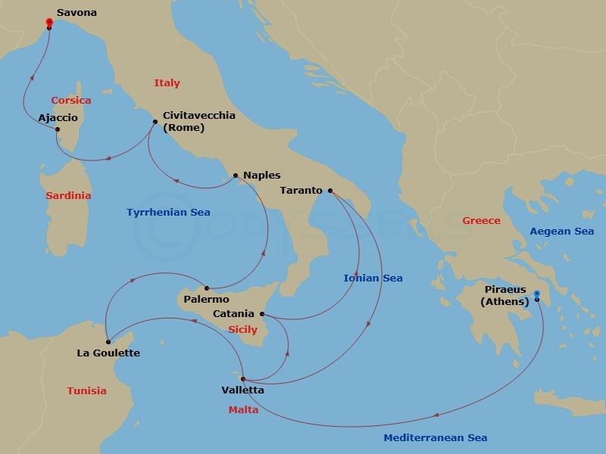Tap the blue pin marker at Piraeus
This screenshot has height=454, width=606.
(x=536, y=295)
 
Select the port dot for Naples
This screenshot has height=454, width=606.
(x=236, y=176)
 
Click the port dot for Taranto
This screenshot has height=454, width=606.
(x=330, y=191)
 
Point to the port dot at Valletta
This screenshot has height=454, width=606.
(x=242, y=379)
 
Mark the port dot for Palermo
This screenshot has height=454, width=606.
(x=205, y=288)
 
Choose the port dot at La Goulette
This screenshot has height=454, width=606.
(x=108, y=342)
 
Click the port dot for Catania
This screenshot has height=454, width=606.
(x=263, y=313)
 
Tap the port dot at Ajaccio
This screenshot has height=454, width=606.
(x=58, y=129)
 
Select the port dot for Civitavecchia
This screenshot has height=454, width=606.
(x=155, y=121)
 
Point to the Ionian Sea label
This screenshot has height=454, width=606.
(x=373, y=278)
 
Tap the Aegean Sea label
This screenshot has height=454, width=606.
(x=561, y=232)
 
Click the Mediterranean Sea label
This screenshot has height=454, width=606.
(x=435, y=437)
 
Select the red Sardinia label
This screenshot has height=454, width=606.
(x=68, y=196)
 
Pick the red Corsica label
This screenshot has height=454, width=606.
(x=71, y=101)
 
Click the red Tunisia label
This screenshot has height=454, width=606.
(x=86, y=391)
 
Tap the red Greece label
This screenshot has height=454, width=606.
(x=481, y=221)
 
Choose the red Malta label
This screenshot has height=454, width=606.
(x=243, y=410)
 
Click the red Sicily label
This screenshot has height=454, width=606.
(x=242, y=330)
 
